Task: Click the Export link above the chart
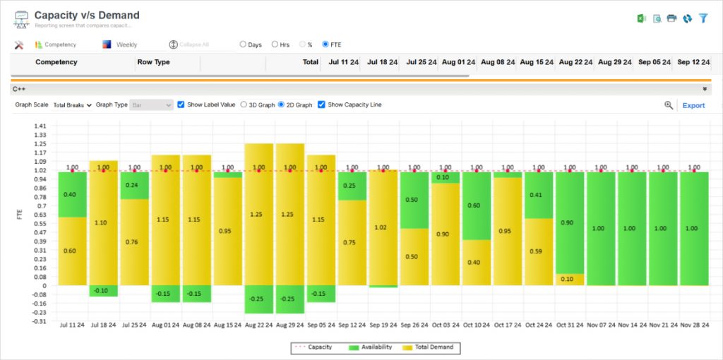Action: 693,105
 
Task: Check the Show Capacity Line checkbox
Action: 322,104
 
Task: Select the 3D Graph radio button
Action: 244,104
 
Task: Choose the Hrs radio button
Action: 275,44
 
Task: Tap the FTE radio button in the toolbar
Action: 325,44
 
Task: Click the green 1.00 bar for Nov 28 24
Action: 693,228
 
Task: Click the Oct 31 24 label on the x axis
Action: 569,325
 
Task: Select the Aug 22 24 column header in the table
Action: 573,62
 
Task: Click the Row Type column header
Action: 153,62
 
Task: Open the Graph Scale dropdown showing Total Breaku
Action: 73,105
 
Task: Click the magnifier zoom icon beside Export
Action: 669,105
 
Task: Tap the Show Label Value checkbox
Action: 181,104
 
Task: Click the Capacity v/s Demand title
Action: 87,15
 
